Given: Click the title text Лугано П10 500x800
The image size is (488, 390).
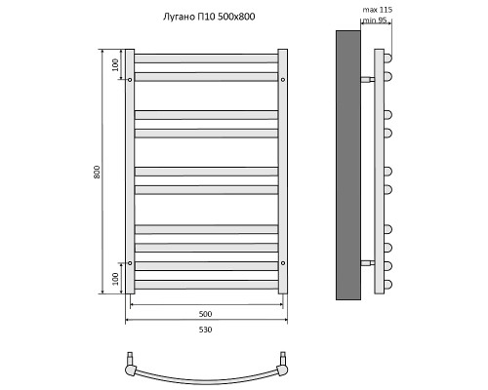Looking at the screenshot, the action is pyautogui.click(x=209, y=17).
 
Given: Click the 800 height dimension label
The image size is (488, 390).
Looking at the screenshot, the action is pyautogui.click(x=97, y=172).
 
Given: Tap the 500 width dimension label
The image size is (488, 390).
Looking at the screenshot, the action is pyautogui.click(x=205, y=314).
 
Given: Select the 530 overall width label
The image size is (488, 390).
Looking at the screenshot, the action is pyautogui.click(x=205, y=330).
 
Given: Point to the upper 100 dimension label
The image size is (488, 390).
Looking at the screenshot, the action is pyautogui.click(x=115, y=65).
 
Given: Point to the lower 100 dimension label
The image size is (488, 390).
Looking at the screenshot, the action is pyautogui.click(x=115, y=279).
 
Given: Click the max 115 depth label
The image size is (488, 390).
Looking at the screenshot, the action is pyautogui.click(x=378, y=10).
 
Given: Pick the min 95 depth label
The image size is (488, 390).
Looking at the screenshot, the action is pyautogui.click(x=375, y=20).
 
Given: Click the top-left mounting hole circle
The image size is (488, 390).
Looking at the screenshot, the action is pyautogui.click(x=130, y=80).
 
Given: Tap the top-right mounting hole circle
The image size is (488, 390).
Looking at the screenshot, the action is pyautogui.click(x=283, y=80).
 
